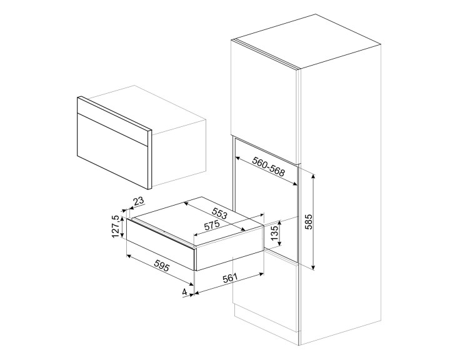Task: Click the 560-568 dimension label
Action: click(x=269, y=164)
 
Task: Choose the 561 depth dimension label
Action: click(x=230, y=279)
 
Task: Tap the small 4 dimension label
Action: click(x=184, y=292)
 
